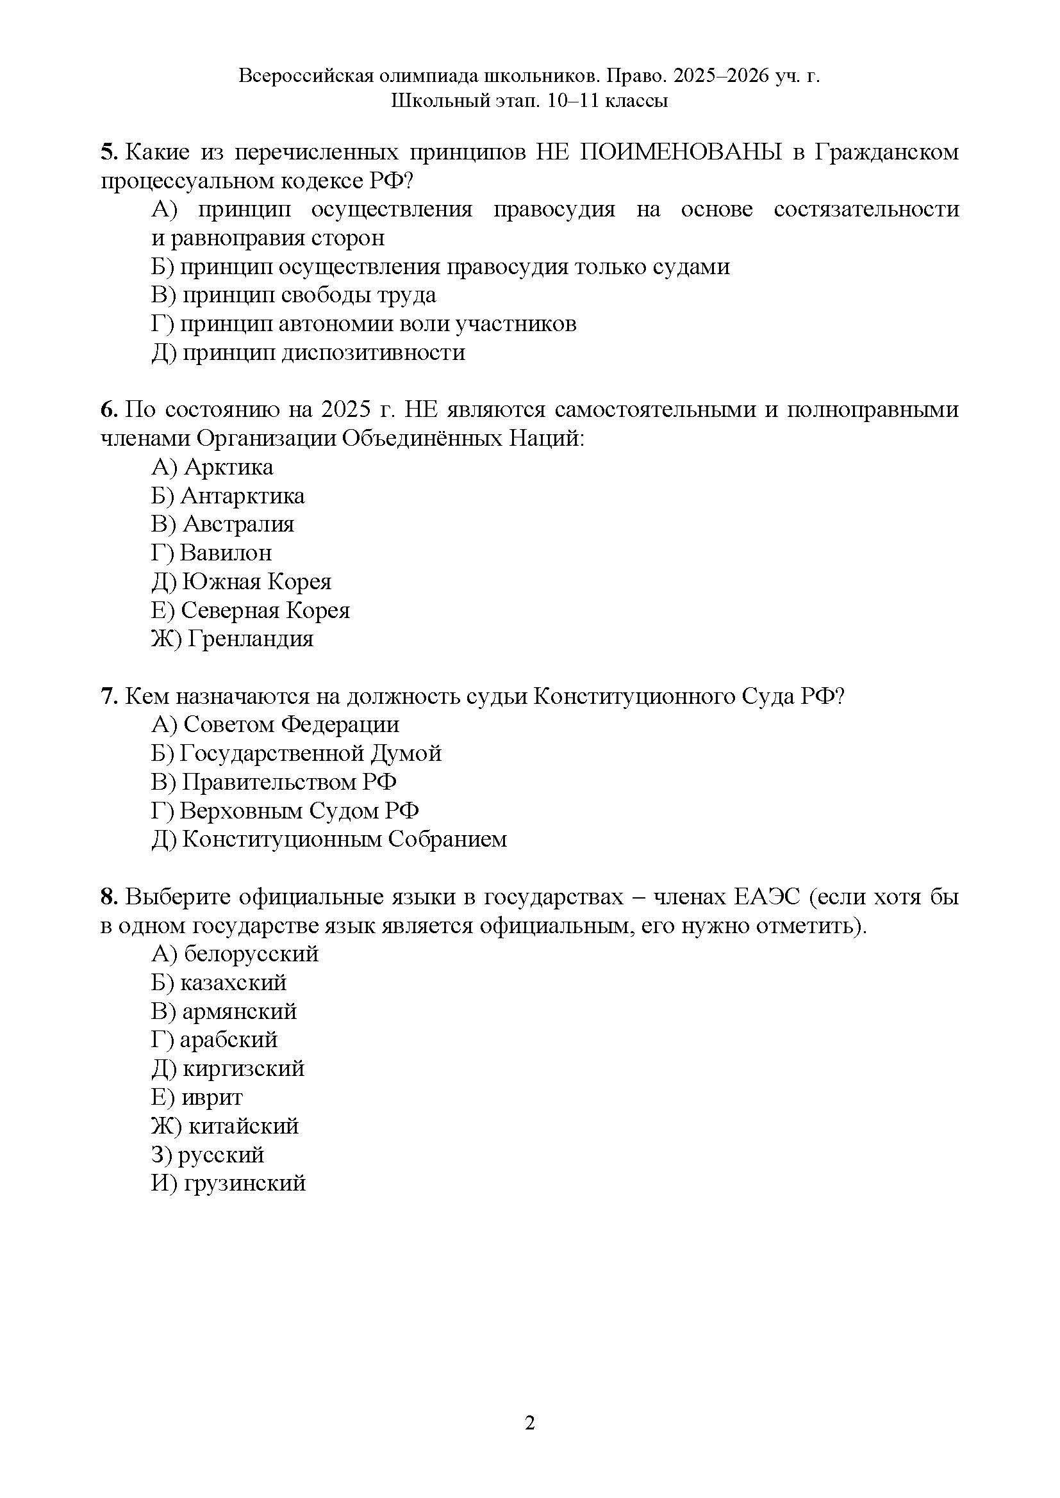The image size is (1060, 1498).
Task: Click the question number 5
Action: click(108, 152)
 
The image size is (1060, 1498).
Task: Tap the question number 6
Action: click(108, 410)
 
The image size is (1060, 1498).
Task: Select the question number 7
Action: click(108, 696)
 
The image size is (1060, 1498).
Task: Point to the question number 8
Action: click(108, 897)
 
